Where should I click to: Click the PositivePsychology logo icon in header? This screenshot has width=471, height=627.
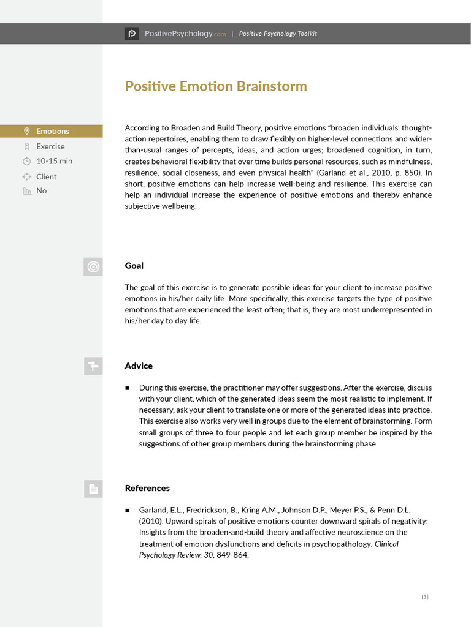(132, 34)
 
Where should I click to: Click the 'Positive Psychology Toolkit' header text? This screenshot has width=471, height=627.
(278, 34)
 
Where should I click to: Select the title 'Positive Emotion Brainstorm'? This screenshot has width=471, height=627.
(216, 86)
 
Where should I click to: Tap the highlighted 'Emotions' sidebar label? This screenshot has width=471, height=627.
(53, 131)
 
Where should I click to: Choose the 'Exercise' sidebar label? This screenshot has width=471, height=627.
(50, 146)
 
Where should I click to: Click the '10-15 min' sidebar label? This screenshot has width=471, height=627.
(54, 161)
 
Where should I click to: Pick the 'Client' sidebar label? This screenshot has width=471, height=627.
(46, 176)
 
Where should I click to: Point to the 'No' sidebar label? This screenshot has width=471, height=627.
(41, 191)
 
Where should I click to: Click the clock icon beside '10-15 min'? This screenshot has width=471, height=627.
(26, 162)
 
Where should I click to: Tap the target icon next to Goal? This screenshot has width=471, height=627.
(93, 266)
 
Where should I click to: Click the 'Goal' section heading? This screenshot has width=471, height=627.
(134, 266)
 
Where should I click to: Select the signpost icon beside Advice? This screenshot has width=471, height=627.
(93, 366)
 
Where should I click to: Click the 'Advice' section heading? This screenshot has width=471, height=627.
(139, 366)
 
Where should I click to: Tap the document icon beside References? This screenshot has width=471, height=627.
(93, 489)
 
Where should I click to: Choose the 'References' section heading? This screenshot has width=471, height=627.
(147, 488)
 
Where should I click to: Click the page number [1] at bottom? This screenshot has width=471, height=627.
(425, 596)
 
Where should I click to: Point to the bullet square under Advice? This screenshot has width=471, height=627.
(128, 388)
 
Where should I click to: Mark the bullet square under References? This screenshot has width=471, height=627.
(128, 510)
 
